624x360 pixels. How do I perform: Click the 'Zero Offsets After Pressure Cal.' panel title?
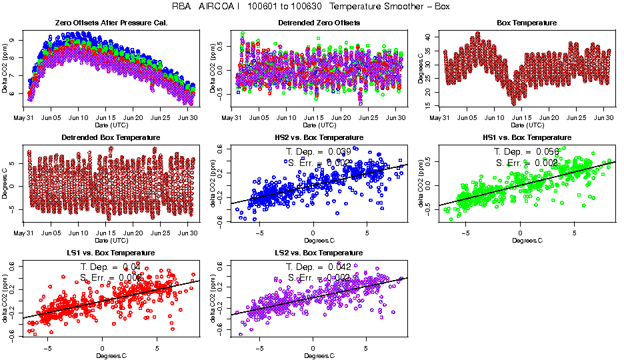110,23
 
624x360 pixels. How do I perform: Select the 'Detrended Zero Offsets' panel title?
319,23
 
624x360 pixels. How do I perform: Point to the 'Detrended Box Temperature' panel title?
110,138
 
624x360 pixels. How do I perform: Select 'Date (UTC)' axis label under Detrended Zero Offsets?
319,125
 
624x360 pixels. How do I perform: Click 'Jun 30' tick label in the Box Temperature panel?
605,118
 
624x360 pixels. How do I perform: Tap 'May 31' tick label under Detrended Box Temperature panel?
24,233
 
